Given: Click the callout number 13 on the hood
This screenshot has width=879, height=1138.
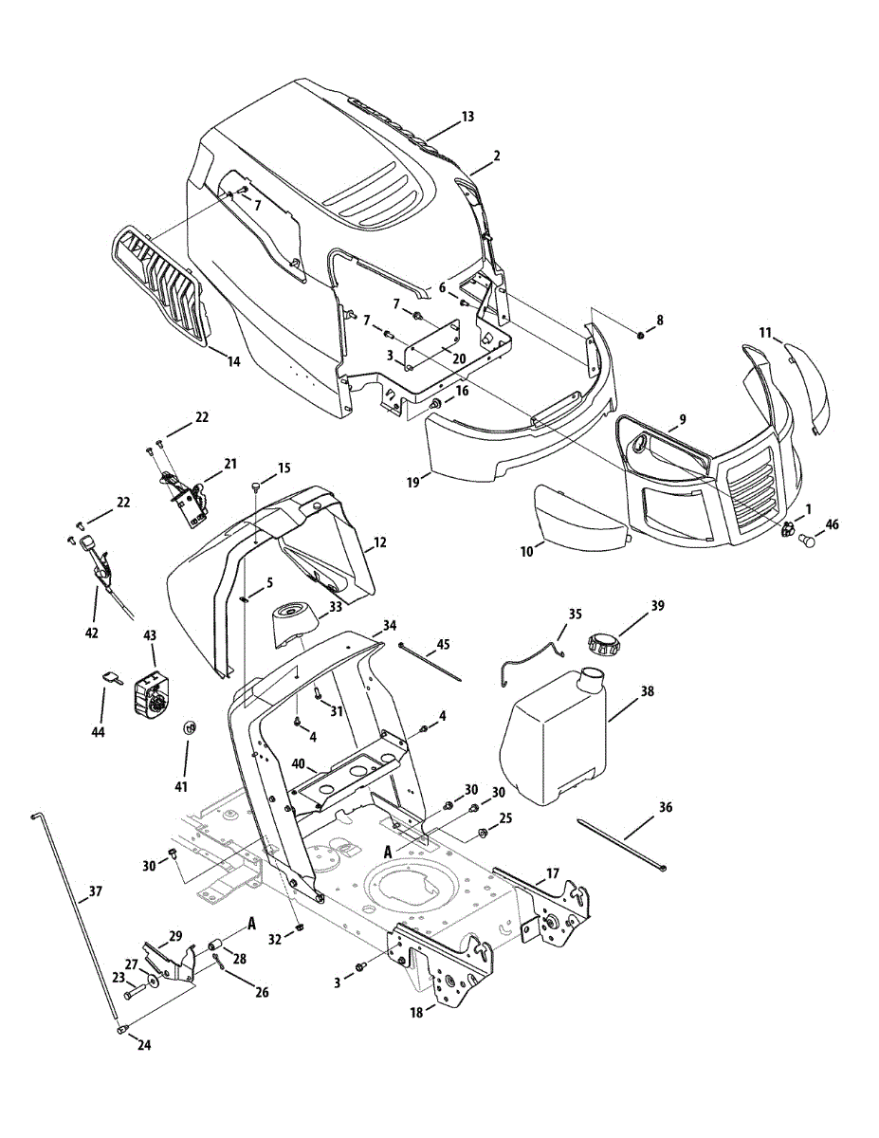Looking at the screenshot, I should coord(467,117).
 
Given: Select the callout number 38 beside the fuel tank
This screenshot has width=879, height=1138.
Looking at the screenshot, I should coord(647,692).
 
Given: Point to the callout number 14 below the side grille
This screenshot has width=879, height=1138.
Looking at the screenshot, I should coord(233,360).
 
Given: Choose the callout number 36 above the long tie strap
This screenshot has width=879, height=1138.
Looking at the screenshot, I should coord(665,807).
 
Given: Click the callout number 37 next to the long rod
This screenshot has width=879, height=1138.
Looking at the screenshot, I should coord(94,891).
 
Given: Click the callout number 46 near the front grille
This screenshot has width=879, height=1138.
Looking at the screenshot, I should coord(833,523).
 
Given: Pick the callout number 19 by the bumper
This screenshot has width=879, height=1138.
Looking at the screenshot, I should coord(413,482).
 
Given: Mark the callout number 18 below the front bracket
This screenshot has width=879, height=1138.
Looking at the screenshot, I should coord(416,1013).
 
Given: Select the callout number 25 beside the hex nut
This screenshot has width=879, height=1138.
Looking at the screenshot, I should coord(505,817).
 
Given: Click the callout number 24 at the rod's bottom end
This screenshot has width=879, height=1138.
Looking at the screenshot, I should coord(143,1045).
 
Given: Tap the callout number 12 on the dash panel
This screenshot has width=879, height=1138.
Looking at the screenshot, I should coord(379,542).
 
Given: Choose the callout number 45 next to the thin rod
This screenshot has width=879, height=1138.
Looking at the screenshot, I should coord(443,645).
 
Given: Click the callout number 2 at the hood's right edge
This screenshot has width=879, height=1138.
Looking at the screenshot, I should coord(496,156).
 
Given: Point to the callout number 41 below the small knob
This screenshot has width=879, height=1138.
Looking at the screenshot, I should coord(181,786).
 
